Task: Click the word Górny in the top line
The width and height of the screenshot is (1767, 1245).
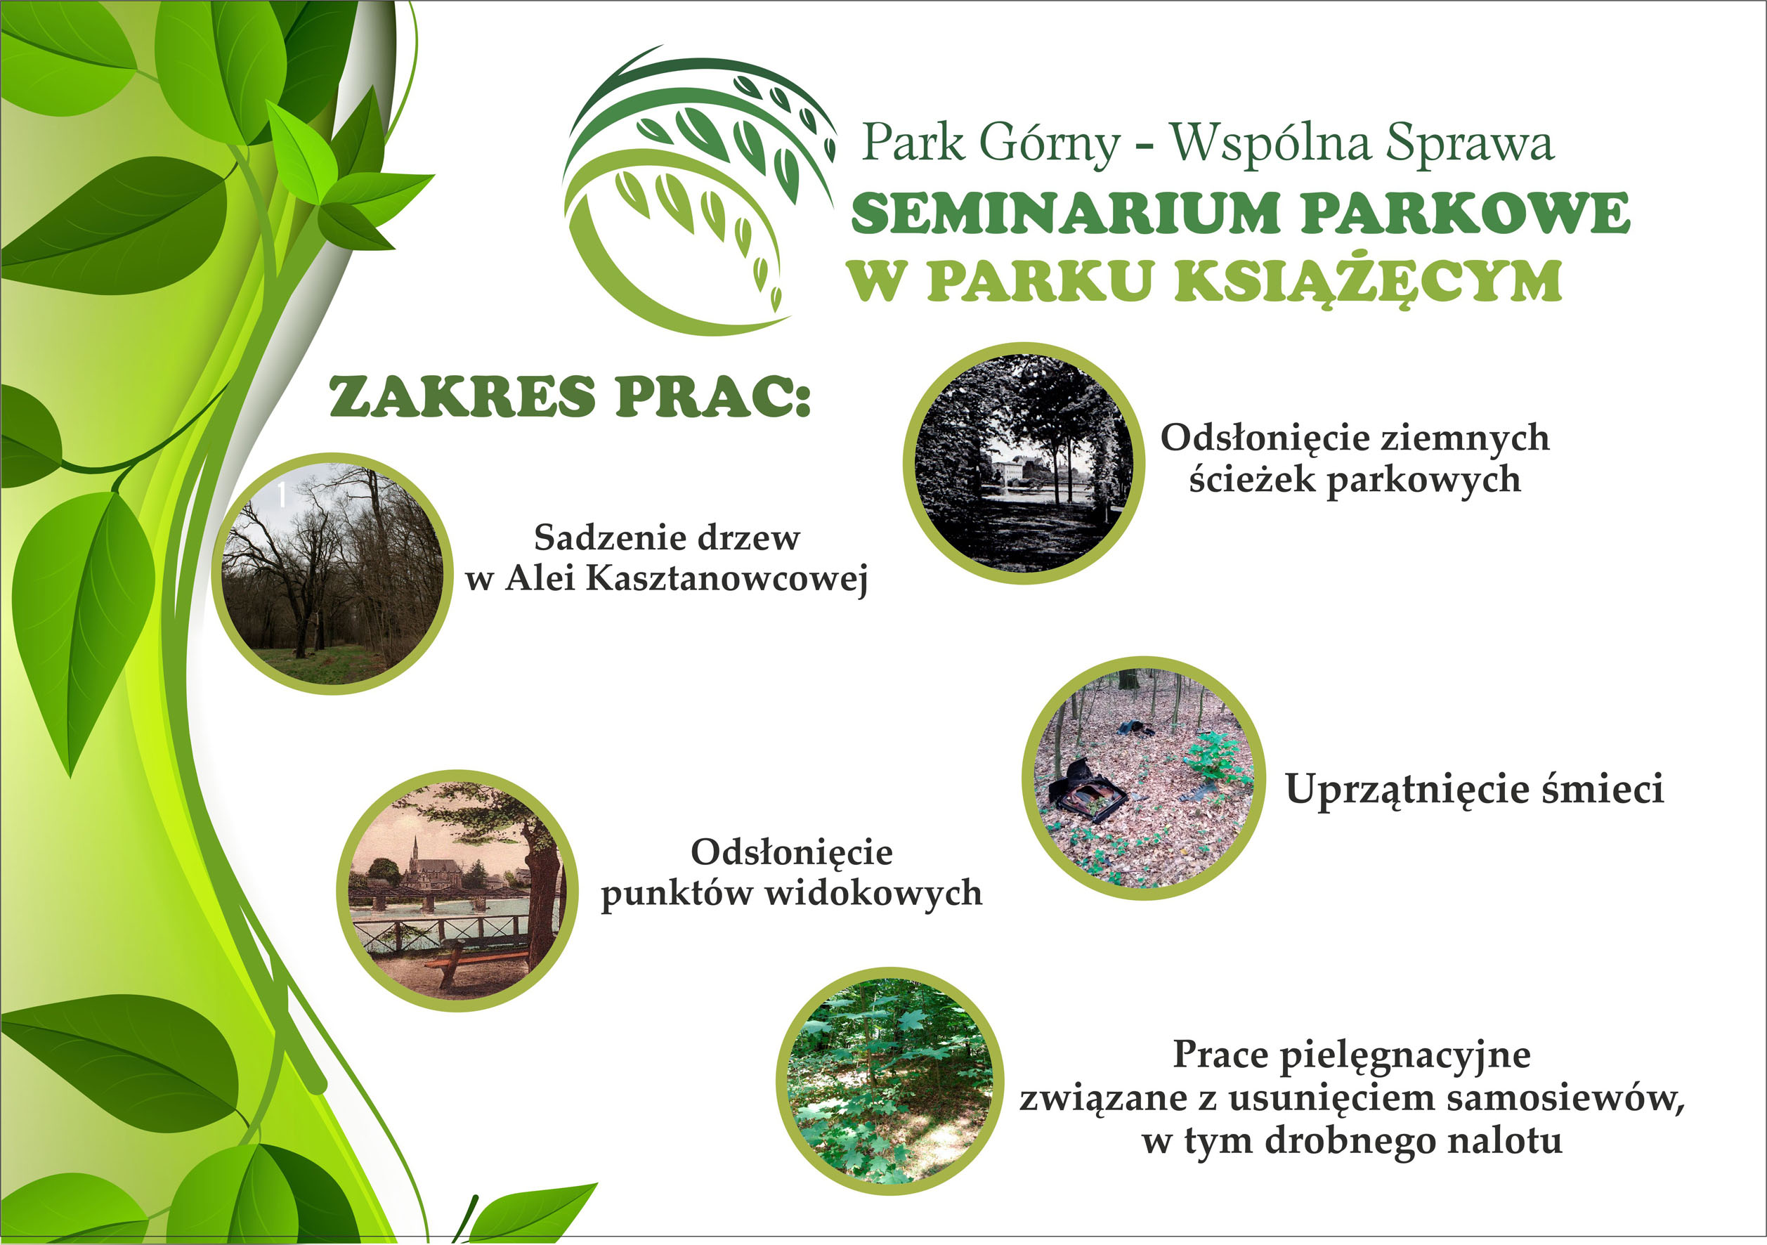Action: (x=1050, y=144)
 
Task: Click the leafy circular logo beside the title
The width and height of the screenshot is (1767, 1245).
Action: (x=699, y=191)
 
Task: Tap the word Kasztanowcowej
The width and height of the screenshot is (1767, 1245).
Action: (x=726, y=580)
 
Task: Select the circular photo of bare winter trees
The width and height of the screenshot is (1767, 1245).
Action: (x=332, y=574)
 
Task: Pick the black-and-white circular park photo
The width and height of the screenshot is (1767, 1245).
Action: (x=1024, y=463)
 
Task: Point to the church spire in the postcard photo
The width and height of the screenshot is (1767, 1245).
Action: (x=415, y=849)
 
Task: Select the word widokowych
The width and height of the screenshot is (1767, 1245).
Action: (x=873, y=894)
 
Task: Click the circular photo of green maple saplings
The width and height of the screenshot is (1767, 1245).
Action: (x=890, y=1081)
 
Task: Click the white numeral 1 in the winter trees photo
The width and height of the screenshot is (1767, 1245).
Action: (x=282, y=494)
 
